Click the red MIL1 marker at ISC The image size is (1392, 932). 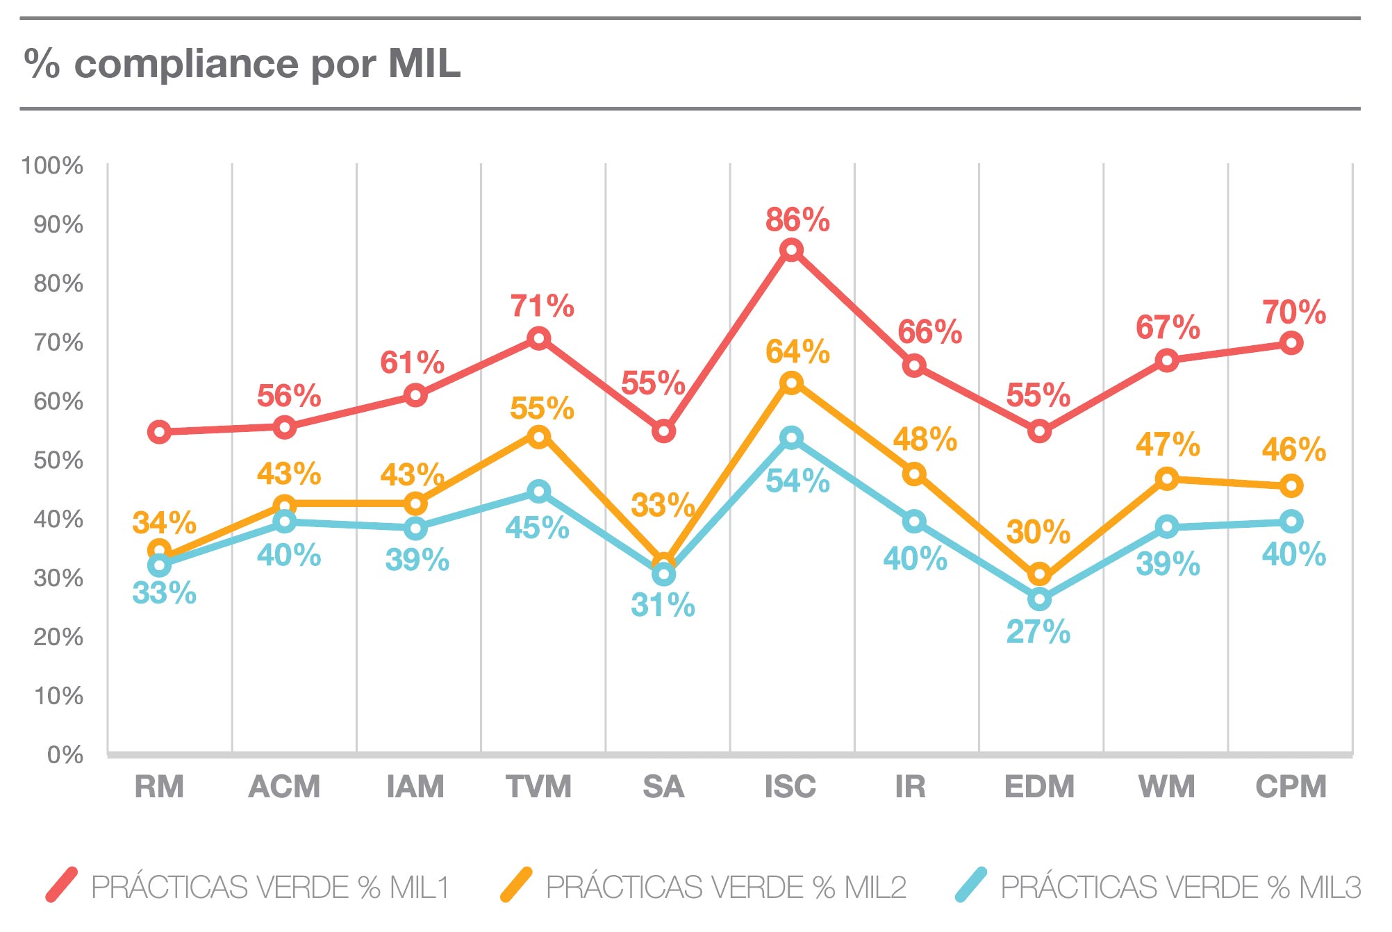pos(791,250)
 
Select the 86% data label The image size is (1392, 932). pos(797,220)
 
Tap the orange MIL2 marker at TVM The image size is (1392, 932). pos(539,437)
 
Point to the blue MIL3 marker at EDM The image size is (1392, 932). pos(1039,599)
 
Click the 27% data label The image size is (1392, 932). pos(1038,632)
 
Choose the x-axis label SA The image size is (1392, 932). pos(663,787)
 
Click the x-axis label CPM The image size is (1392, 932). pos(1291,787)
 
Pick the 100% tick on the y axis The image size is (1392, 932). pos(52,166)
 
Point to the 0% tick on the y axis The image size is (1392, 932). pos(65,755)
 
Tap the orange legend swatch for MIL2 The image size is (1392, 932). pos(516,885)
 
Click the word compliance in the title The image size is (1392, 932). pos(186,65)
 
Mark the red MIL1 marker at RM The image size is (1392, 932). pos(160,432)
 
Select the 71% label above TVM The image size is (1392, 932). pos(542,306)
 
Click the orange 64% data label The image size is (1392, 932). pos(797,352)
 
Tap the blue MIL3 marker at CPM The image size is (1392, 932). pos(1291,521)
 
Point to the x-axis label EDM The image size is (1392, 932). pos(1039,787)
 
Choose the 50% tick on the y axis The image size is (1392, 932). pos(58,460)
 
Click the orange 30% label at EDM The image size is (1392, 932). pos(1038,533)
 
